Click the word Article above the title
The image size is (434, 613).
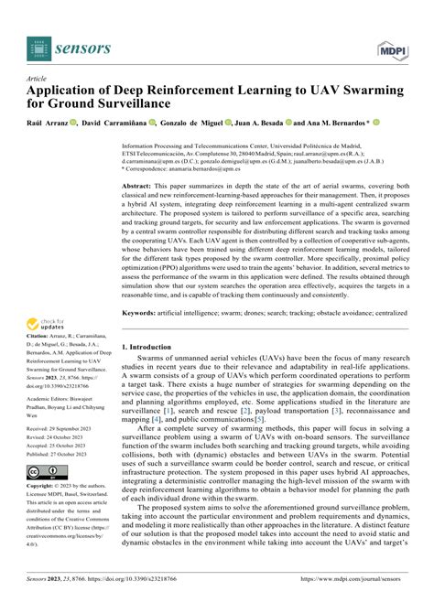[38, 80]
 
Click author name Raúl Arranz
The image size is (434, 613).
[49, 122]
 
